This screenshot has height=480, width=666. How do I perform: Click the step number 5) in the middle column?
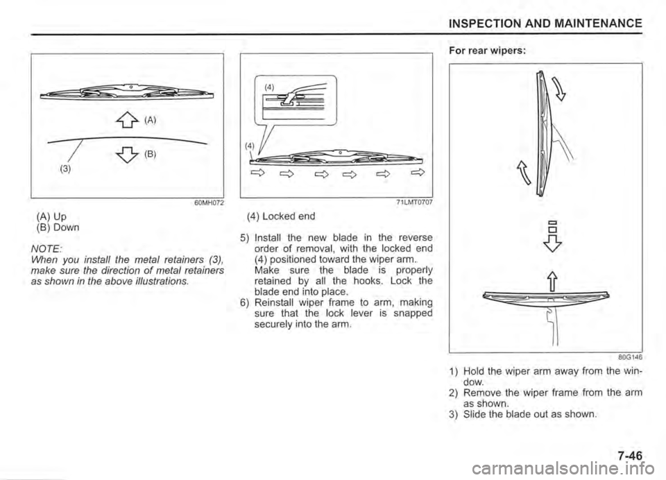click(245, 237)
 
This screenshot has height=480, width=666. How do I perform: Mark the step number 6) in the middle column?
click(245, 302)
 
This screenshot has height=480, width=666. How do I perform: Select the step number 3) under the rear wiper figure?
click(453, 414)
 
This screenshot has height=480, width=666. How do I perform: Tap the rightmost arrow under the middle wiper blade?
click(418, 172)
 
